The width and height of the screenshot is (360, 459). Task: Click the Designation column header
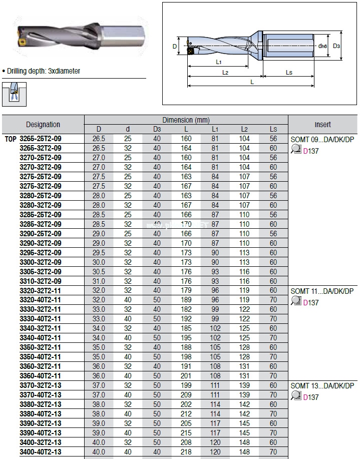[43, 125]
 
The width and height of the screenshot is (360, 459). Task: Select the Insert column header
[322, 125]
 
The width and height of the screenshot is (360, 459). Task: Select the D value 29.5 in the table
[99, 253]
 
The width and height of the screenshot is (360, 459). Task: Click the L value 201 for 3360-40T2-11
[186, 376]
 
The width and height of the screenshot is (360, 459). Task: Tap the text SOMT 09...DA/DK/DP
[322, 139]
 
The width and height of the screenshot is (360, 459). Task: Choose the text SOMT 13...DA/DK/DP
[322, 386]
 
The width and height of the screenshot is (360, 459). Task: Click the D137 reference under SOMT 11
[310, 302]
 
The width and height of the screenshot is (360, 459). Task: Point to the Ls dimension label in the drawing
[289, 73]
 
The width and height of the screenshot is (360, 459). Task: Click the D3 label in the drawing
[337, 46]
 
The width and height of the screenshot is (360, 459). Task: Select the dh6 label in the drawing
[322, 46]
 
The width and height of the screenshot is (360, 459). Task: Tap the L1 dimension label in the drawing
[219, 62]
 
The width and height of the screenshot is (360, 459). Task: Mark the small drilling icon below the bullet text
[15, 94]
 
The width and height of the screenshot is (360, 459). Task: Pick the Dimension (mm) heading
[186, 120]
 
